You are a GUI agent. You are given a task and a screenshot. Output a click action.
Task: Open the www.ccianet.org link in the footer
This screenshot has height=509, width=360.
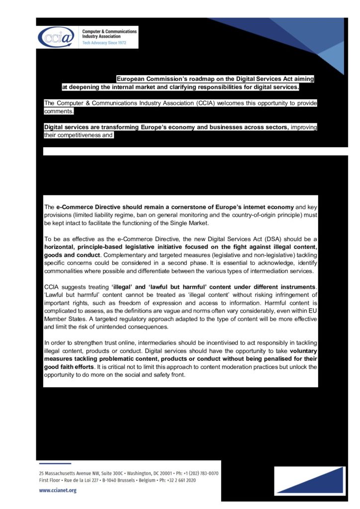coord(58,490)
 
